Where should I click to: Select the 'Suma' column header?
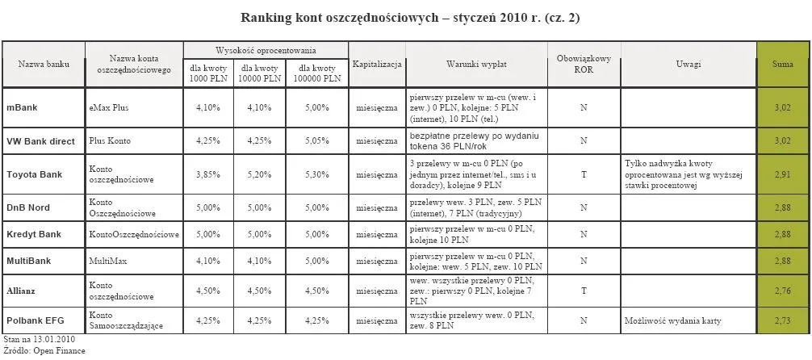coord(781,63)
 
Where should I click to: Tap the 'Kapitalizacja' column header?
coord(377,63)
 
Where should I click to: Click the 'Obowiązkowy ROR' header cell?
coord(584,63)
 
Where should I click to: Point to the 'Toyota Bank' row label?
coord(34,174)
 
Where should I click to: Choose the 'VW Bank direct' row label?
coord(40,141)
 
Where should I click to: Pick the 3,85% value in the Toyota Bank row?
coord(208,174)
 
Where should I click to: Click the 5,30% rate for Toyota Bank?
coord(317,174)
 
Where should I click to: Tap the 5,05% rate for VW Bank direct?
coord(317,141)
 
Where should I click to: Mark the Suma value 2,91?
coord(781,174)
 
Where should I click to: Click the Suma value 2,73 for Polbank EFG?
coord(781,320)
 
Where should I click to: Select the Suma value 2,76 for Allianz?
coord(781,288)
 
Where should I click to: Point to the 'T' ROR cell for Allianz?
coord(583,288)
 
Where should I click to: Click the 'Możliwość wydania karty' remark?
coord(673,320)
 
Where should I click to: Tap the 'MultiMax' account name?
coord(108,262)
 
